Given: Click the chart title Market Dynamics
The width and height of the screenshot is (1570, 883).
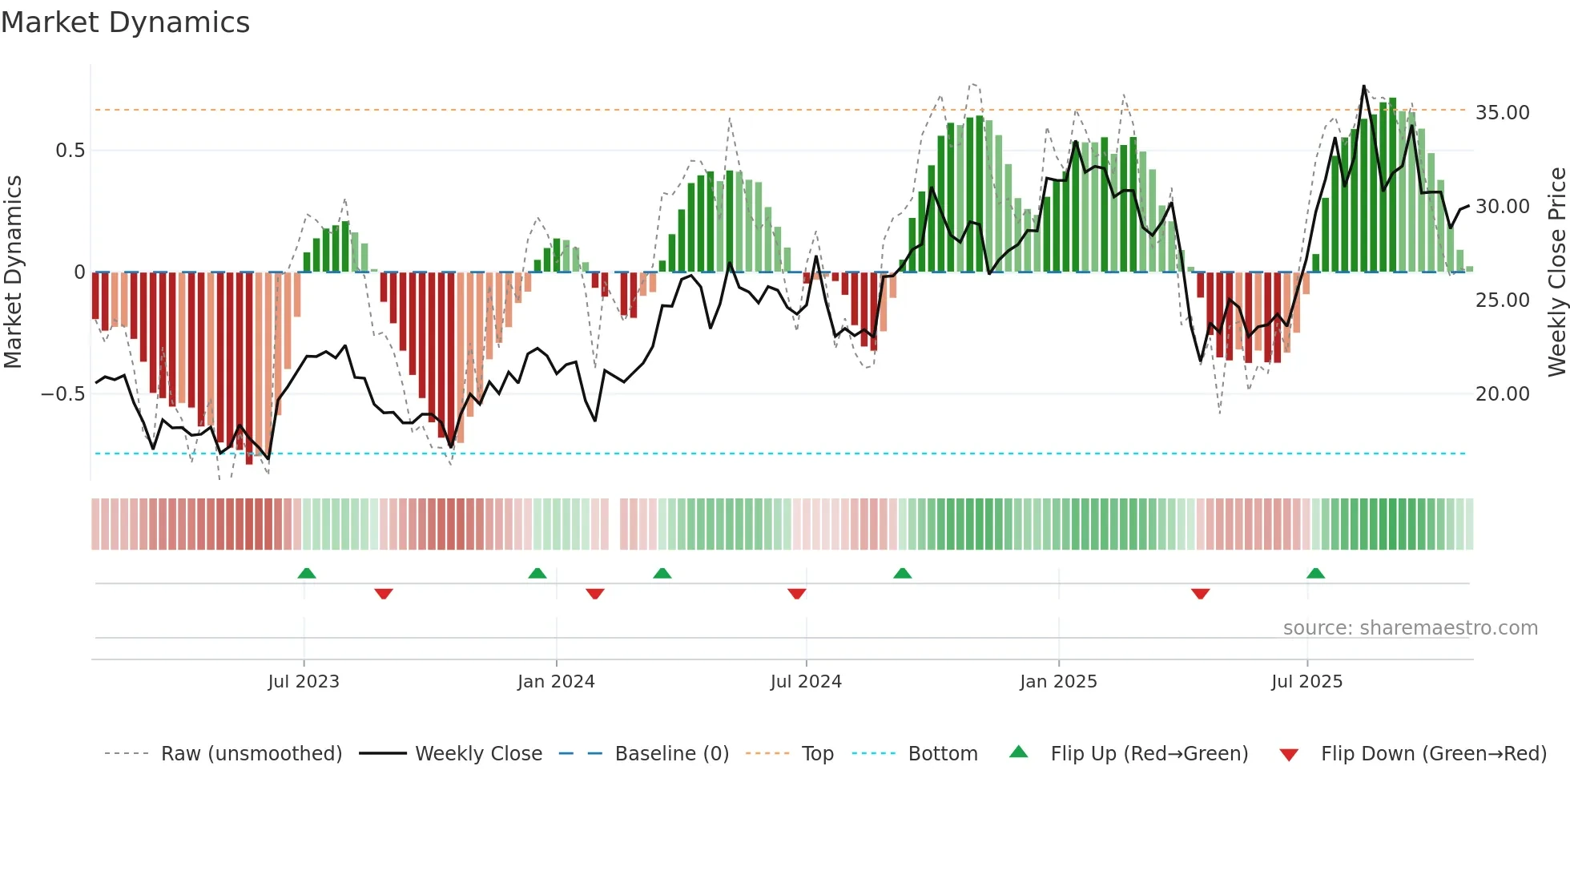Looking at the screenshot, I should click(x=126, y=22).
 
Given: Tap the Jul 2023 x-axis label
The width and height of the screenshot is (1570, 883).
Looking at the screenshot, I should click(x=304, y=682).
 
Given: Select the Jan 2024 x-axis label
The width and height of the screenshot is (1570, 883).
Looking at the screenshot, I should click(x=556, y=682).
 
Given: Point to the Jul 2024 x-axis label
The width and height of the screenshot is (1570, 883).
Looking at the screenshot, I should click(x=806, y=682).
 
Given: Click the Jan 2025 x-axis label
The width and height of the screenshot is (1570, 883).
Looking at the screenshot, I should click(x=1058, y=682).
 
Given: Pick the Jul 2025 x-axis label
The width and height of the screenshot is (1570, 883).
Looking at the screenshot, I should click(x=1306, y=682).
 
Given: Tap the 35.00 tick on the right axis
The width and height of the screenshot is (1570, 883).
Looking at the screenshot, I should click(x=1502, y=113).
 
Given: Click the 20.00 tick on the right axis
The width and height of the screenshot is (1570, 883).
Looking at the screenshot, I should click(x=1502, y=394).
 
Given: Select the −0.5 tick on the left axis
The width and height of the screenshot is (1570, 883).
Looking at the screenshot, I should click(x=62, y=394).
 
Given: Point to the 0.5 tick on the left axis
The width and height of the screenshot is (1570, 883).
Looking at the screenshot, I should click(x=70, y=151).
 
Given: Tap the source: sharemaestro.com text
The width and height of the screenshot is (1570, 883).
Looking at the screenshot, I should click(x=1410, y=628).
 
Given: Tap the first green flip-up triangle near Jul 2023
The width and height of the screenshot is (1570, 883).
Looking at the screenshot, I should click(x=307, y=573).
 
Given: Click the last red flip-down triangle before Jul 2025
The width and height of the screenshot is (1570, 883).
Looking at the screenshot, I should click(x=1200, y=594).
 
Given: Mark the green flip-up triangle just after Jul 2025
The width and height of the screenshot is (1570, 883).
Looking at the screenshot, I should click(x=1315, y=573).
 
